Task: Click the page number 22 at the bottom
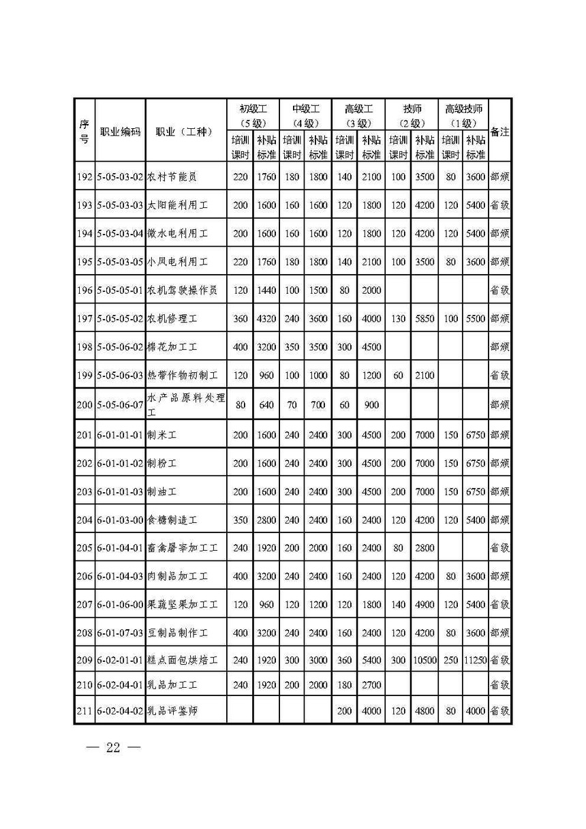point(113,747)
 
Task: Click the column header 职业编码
point(120,132)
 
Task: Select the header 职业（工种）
point(185,132)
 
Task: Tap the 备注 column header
point(499,132)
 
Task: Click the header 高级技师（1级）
point(463,115)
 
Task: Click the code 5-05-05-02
point(120,318)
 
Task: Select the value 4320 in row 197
point(266,318)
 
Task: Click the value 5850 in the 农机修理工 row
point(424,318)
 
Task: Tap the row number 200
point(84,405)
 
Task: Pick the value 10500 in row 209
point(424,660)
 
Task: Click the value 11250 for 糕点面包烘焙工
point(476,660)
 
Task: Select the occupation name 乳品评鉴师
point(177,712)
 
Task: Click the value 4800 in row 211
point(424,712)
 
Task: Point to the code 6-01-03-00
point(120,519)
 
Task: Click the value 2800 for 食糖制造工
point(266,519)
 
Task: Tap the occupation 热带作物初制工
point(182,376)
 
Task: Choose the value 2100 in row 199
point(424,376)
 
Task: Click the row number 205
point(84,547)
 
